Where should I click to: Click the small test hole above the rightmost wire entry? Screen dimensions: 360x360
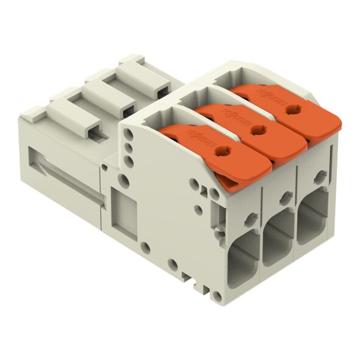(x=318, y=178)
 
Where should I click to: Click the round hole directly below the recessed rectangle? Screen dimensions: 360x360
(x=144, y=247)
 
